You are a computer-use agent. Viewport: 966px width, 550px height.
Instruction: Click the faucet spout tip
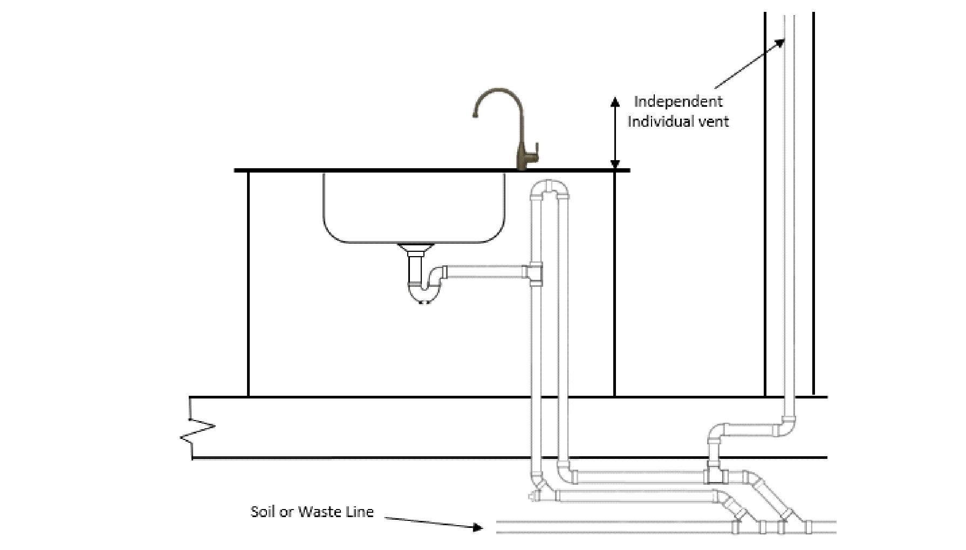pos(475,115)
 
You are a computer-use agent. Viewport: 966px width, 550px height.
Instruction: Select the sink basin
pos(414,208)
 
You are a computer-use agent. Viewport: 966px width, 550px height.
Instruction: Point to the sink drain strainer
pos(416,249)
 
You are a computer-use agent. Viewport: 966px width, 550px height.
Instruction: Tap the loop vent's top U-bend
pos(550,189)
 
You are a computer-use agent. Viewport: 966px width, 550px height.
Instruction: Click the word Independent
pos(678,102)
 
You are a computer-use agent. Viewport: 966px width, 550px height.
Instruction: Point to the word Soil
pos(264,511)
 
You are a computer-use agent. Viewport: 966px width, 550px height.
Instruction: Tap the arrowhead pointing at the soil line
pos(477,527)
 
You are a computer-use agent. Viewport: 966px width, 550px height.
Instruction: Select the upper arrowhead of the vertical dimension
pos(615,101)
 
